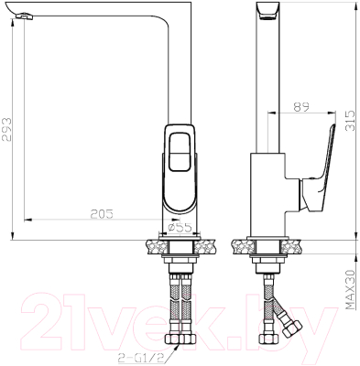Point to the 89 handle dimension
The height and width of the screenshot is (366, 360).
click(300, 106)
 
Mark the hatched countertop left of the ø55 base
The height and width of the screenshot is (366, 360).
click(152, 245)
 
